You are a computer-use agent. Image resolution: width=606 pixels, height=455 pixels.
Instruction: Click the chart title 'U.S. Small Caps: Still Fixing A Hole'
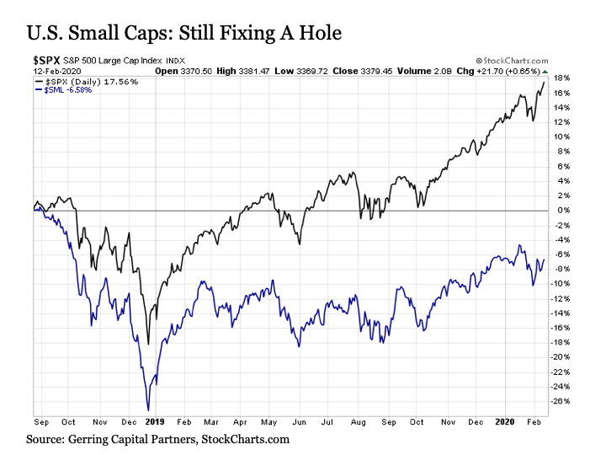[x=184, y=33]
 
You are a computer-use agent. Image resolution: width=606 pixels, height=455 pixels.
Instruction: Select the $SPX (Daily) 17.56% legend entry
[x=87, y=82]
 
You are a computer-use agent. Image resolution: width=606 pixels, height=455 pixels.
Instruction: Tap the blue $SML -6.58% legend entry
[x=63, y=90]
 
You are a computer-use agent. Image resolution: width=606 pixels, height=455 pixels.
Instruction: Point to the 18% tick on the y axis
[x=561, y=78]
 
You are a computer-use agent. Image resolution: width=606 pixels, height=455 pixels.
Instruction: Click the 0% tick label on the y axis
[x=563, y=211]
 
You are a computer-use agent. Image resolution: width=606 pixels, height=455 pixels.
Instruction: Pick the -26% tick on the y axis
[x=561, y=401]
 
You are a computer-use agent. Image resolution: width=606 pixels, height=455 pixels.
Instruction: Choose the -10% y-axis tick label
[x=561, y=284]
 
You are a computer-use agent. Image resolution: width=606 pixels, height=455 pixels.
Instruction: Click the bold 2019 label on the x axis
[x=155, y=422]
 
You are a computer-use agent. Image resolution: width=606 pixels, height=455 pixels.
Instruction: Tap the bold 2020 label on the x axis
[x=505, y=422]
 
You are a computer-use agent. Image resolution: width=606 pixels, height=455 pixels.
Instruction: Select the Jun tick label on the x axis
[x=299, y=422]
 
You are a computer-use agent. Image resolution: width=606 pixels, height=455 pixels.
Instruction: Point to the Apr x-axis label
[x=240, y=422]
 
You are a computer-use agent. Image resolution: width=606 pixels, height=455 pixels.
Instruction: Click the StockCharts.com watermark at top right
[x=512, y=61]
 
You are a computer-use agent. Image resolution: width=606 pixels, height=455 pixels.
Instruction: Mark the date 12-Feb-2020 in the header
[x=57, y=71]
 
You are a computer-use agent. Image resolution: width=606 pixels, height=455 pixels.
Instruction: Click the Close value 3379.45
[x=376, y=71]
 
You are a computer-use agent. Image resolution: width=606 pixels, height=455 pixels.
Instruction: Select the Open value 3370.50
[x=196, y=71]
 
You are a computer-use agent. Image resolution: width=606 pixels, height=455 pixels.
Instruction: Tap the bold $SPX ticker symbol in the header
[x=46, y=61]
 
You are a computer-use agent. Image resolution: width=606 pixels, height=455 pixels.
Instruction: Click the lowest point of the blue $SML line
[x=148, y=410]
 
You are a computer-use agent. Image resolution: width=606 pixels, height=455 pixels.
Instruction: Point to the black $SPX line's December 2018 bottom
[x=148, y=344]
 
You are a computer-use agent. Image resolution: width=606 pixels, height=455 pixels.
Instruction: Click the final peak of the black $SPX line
[x=544, y=82]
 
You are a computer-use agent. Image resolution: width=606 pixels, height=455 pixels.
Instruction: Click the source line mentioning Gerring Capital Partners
[x=157, y=440]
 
